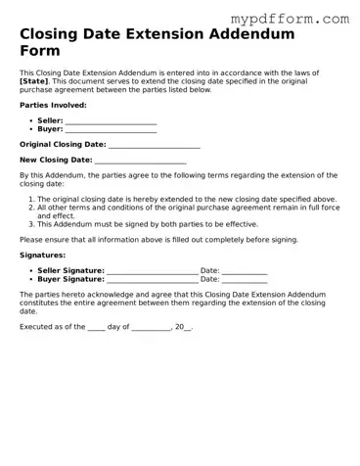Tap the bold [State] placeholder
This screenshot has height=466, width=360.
[35, 81]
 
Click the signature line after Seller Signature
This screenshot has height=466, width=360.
[152, 270]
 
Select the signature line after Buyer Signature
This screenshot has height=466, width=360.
[152, 279]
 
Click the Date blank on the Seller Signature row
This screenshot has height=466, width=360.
[245, 270]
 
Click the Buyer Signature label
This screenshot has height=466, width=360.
[69, 279]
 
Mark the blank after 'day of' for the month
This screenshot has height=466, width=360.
[151, 327]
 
